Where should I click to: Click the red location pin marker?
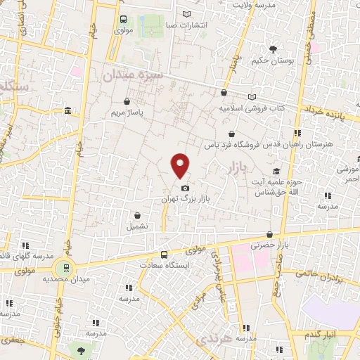click(181, 165)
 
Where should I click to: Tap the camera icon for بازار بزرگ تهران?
click(184, 188)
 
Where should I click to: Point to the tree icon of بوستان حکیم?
click(273, 49)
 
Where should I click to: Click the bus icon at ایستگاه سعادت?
click(164, 255)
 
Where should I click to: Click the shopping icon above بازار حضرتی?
click(269, 234)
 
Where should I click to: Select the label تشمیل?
click(137, 226)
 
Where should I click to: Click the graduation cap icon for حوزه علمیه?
click(277, 171)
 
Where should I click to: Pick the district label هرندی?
click(210, 341)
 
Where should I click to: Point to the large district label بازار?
click(240, 168)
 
